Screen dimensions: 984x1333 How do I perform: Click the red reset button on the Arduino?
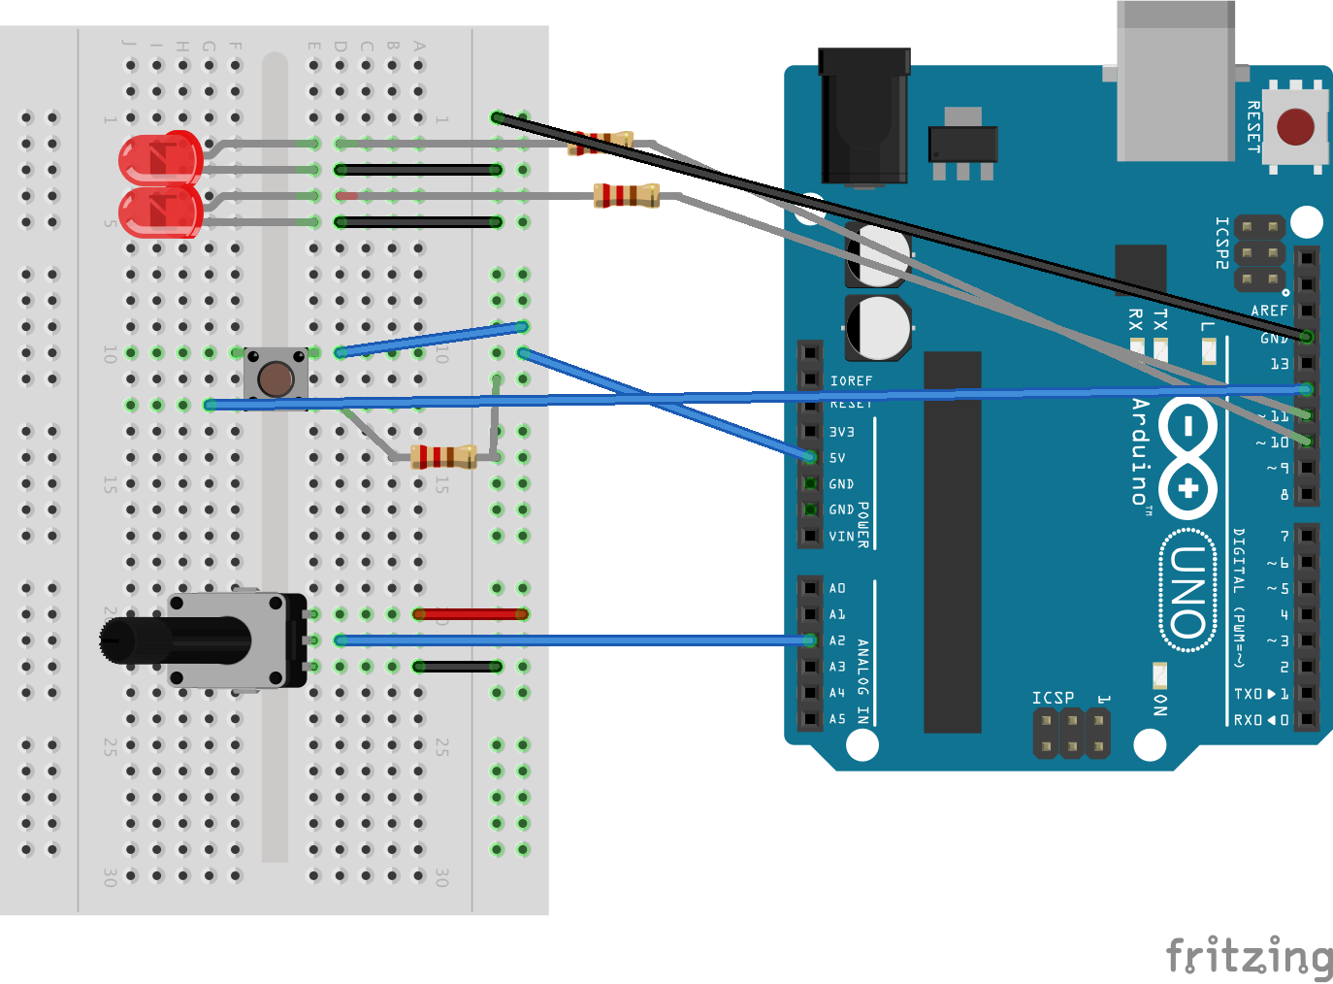coord(1295,127)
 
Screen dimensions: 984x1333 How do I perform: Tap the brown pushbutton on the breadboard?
coord(276,379)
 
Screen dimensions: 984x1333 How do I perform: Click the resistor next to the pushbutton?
coord(443,456)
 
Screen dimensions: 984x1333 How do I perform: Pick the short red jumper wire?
coord(471,614)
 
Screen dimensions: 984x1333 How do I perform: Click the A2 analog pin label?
coord(837,640)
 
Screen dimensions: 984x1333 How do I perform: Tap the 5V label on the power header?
coord(837,458)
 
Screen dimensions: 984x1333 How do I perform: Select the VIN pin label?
coord(841,537)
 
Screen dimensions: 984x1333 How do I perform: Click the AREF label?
coord(1269,311)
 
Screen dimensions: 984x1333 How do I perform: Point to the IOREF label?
coord(851,381)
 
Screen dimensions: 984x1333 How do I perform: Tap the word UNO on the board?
coord(1188,591)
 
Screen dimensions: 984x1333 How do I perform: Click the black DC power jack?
coord(863,116)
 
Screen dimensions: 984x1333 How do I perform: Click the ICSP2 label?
coord(1222,243)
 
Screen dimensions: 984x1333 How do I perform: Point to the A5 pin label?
coord(837,719)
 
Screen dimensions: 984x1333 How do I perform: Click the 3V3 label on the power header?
coord(841,432)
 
